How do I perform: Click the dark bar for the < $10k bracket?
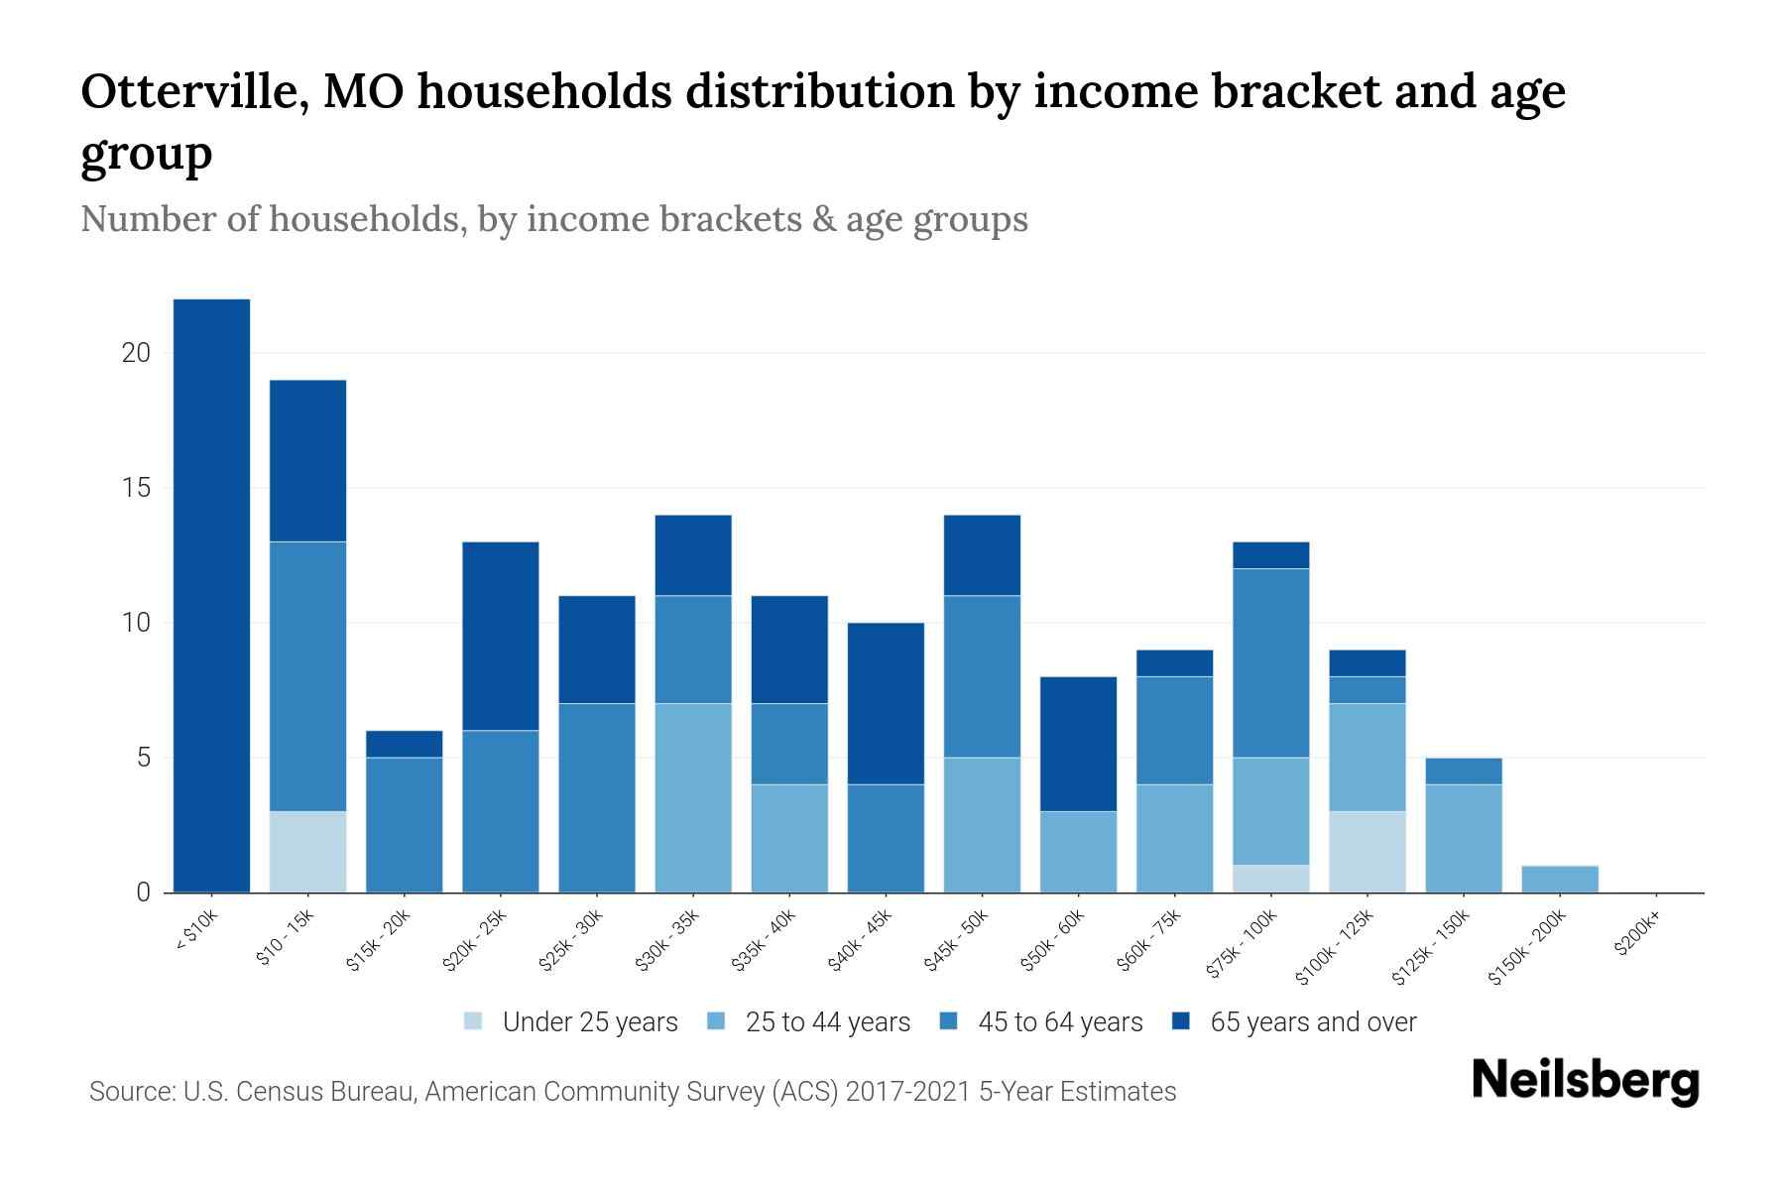click(211, 595)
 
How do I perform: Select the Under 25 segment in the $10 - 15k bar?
click(307, 852)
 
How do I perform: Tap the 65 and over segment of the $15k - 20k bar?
click(404, 744)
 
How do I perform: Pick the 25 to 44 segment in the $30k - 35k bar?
click(693, 798)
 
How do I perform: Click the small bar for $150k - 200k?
click(1559, 880)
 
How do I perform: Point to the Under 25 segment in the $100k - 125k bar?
click(1367, 852)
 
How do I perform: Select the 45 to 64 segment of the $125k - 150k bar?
click(1463, 772)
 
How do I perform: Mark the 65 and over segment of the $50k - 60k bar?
click(1078, 744)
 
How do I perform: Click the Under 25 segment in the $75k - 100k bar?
click(1270, 879)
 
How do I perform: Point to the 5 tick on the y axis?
click(143, 759)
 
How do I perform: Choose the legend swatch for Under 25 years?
click(474, 1021)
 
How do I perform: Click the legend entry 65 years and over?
click(1312, 1022)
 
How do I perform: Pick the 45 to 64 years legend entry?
click(1059, 1022)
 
